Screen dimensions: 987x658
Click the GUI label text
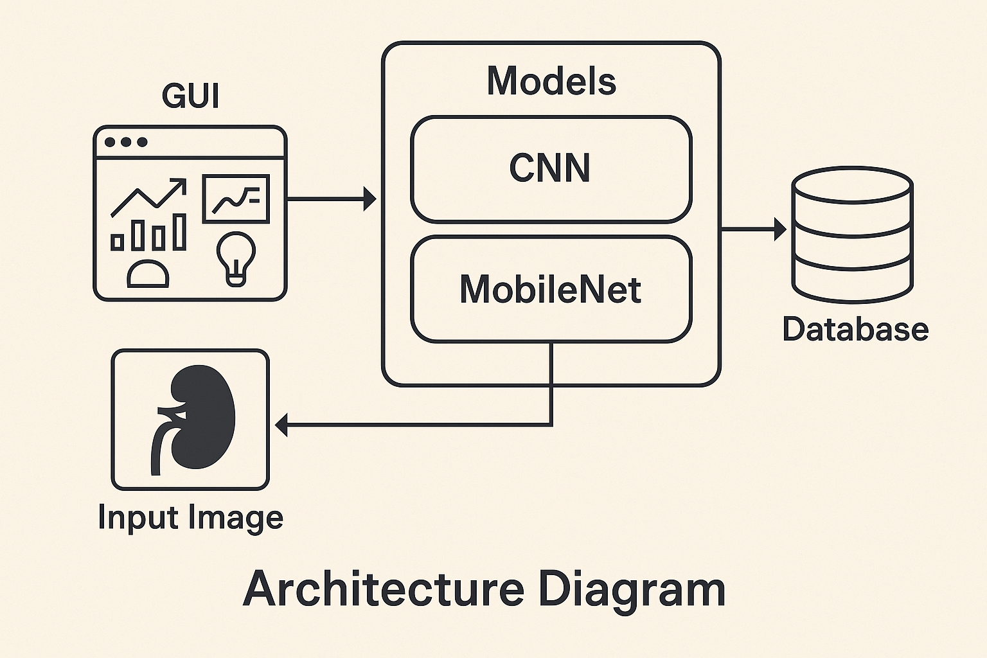pos(190,96)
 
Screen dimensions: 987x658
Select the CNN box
pos(551,169)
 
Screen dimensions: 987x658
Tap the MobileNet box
pos(551,289)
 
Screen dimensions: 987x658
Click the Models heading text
pos(551,81)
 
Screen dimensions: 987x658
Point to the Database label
pos(855,329)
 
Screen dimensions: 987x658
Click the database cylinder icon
pos(853,235)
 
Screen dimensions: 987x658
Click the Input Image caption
pos(190,517)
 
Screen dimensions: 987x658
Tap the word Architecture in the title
pos(384,589)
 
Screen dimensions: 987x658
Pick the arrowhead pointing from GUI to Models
pos(369,199)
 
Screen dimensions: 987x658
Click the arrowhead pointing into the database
pos(780,229)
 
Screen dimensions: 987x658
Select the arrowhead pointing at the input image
pos(281,425)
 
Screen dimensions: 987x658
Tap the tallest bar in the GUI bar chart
pos(179,232)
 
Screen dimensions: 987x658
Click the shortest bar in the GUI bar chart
pos(117,242)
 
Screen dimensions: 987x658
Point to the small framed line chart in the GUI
pos(236,199)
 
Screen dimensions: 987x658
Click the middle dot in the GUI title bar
pos(126,142)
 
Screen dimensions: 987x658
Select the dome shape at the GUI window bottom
pos(148,274)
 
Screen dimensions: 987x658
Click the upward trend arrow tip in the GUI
pos(185,180)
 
